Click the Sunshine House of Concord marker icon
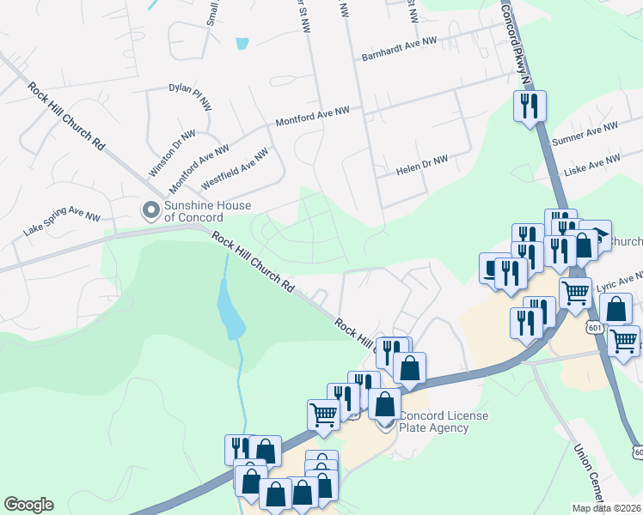pyautogui.click(x=151, y=209)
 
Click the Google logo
pyautogui.click(x=28, y=505)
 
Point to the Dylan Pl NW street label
pyautogui.click(x=190, y=96)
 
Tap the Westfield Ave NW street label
pyautogui.click(x=235, y=170)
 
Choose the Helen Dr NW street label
pyautogui.click(x=422, y=165)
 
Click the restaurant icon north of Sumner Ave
pyautogui.click(x=529, y=106)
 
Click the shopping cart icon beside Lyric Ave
pyautogui.click(x=575, y=293)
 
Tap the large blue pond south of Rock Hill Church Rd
pyautogui.click(x=229, y=312)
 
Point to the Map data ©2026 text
pyautogui.click(x=607, y=508)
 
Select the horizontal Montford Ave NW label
pyautogui.click(x=312, y=117)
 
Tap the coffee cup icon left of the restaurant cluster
pyautogui.click(x=493, y=269)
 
